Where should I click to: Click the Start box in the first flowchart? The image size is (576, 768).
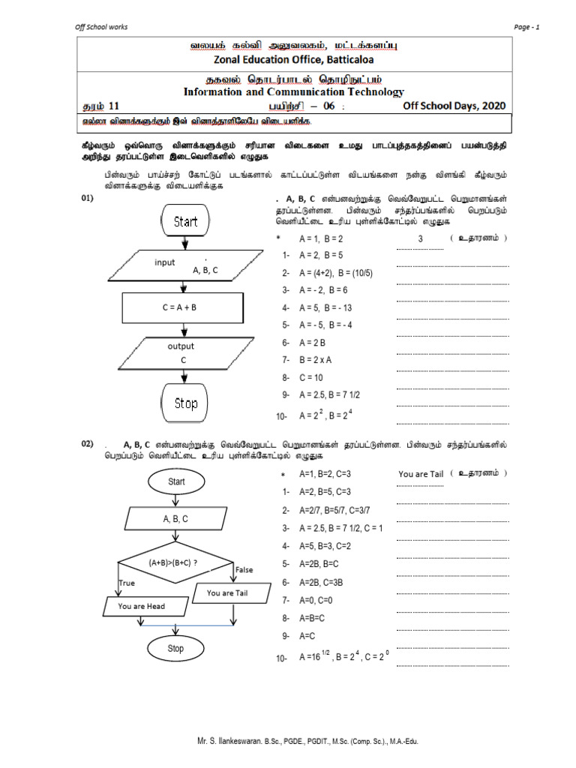point(185,221)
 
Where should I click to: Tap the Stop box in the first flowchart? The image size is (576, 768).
point(185,403)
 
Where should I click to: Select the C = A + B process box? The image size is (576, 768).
point(181,307)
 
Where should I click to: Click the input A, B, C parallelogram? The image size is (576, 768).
point(182,266)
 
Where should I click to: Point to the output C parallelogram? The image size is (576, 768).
point(181,353)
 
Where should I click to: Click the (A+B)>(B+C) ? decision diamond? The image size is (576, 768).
point(173,562)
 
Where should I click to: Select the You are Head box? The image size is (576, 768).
point(142,606)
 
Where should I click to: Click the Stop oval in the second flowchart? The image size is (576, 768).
point(175,649)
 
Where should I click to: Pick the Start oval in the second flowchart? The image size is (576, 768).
point(176,481)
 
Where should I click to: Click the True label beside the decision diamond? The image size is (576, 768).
point(127,583)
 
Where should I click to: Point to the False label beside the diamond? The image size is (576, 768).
point(244,570)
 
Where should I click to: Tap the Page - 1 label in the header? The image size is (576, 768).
point(527,27)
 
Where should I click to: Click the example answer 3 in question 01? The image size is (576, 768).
point(421,238)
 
